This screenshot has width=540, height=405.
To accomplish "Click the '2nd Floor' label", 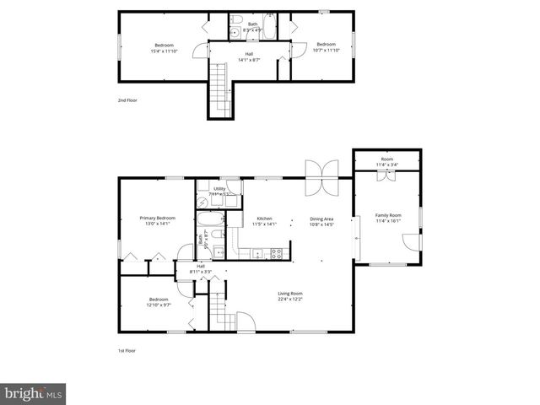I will click(x=127, y=100).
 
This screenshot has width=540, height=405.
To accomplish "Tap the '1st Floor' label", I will click(x=127, y=350).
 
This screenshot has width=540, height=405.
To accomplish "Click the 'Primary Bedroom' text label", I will click(x=158, y=218).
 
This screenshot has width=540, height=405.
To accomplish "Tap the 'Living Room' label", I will click(x=290, y=293).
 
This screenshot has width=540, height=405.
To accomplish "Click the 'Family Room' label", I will click(x=388, y=215).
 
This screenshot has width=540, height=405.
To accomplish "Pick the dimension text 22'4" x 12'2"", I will click(x=290, y=300).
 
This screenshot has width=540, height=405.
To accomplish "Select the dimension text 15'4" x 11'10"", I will click(x=164, y=51).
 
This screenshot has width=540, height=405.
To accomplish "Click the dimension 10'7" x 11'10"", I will click(x=326, y=51).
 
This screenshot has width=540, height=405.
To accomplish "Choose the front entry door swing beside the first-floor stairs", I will click(x=245, y=321).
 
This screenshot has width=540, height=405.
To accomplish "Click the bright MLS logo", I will click(x=34, y=393).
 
